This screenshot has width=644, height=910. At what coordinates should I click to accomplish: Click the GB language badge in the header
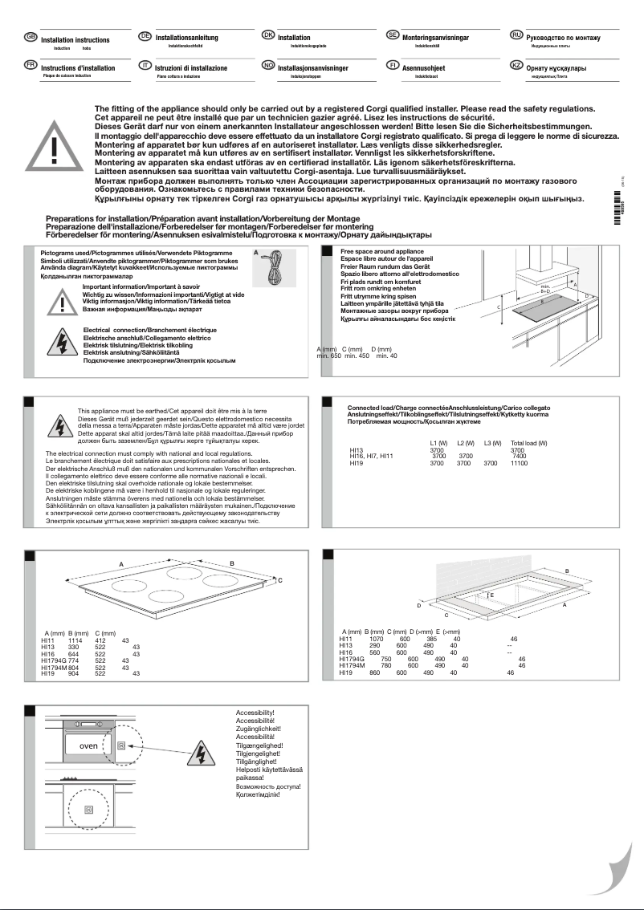tap(31, 37)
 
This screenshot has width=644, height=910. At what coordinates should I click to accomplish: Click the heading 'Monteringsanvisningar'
tap(435, 38)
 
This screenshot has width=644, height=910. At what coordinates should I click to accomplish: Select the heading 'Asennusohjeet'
tap(423, 69)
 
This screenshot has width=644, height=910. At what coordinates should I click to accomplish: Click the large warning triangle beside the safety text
tap(54, 148)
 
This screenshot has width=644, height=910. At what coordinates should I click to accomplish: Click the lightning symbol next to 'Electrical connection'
tap(63, 344)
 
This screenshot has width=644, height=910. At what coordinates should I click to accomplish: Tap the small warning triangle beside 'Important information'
tap(63, 300)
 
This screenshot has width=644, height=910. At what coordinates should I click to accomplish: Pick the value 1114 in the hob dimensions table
tap(75, 640)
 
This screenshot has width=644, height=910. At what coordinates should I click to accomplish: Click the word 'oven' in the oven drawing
tap(88, 745)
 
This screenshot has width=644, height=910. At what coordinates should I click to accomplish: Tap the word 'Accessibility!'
tap(255, 713)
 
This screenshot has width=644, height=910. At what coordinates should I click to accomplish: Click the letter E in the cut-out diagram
tap(491, 595)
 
